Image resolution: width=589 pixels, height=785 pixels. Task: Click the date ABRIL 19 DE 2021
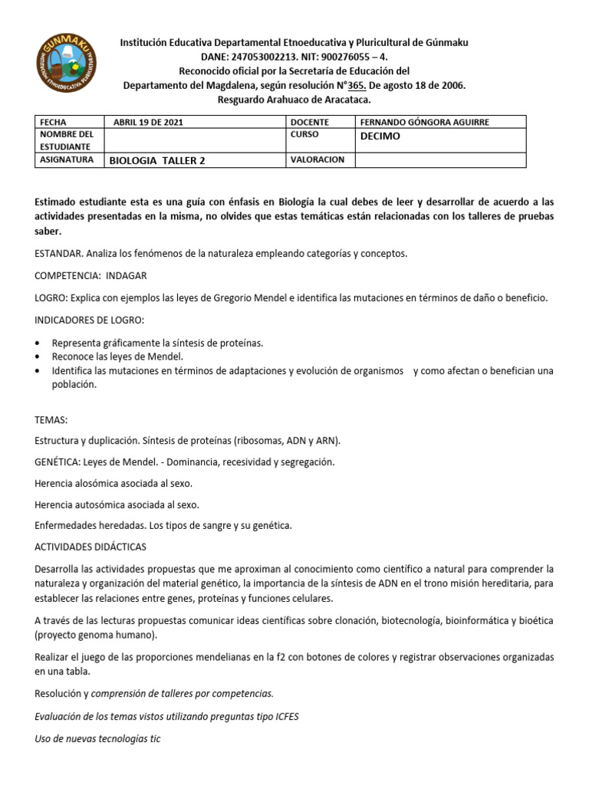(x=148, y=122)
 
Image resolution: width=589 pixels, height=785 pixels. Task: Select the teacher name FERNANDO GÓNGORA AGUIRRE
(x=424, y=122)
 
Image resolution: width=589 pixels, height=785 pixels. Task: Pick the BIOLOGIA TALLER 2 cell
(x=157, y=161)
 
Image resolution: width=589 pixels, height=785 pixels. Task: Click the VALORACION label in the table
(x=318, y=159)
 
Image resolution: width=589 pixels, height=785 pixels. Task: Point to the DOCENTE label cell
(x=310, y=122)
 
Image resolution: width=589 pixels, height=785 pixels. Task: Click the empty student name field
(x=195, y=140)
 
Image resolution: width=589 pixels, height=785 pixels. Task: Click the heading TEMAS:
(x=51, y=419)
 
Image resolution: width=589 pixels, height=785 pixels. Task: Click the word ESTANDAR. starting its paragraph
(x=59, y=252)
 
